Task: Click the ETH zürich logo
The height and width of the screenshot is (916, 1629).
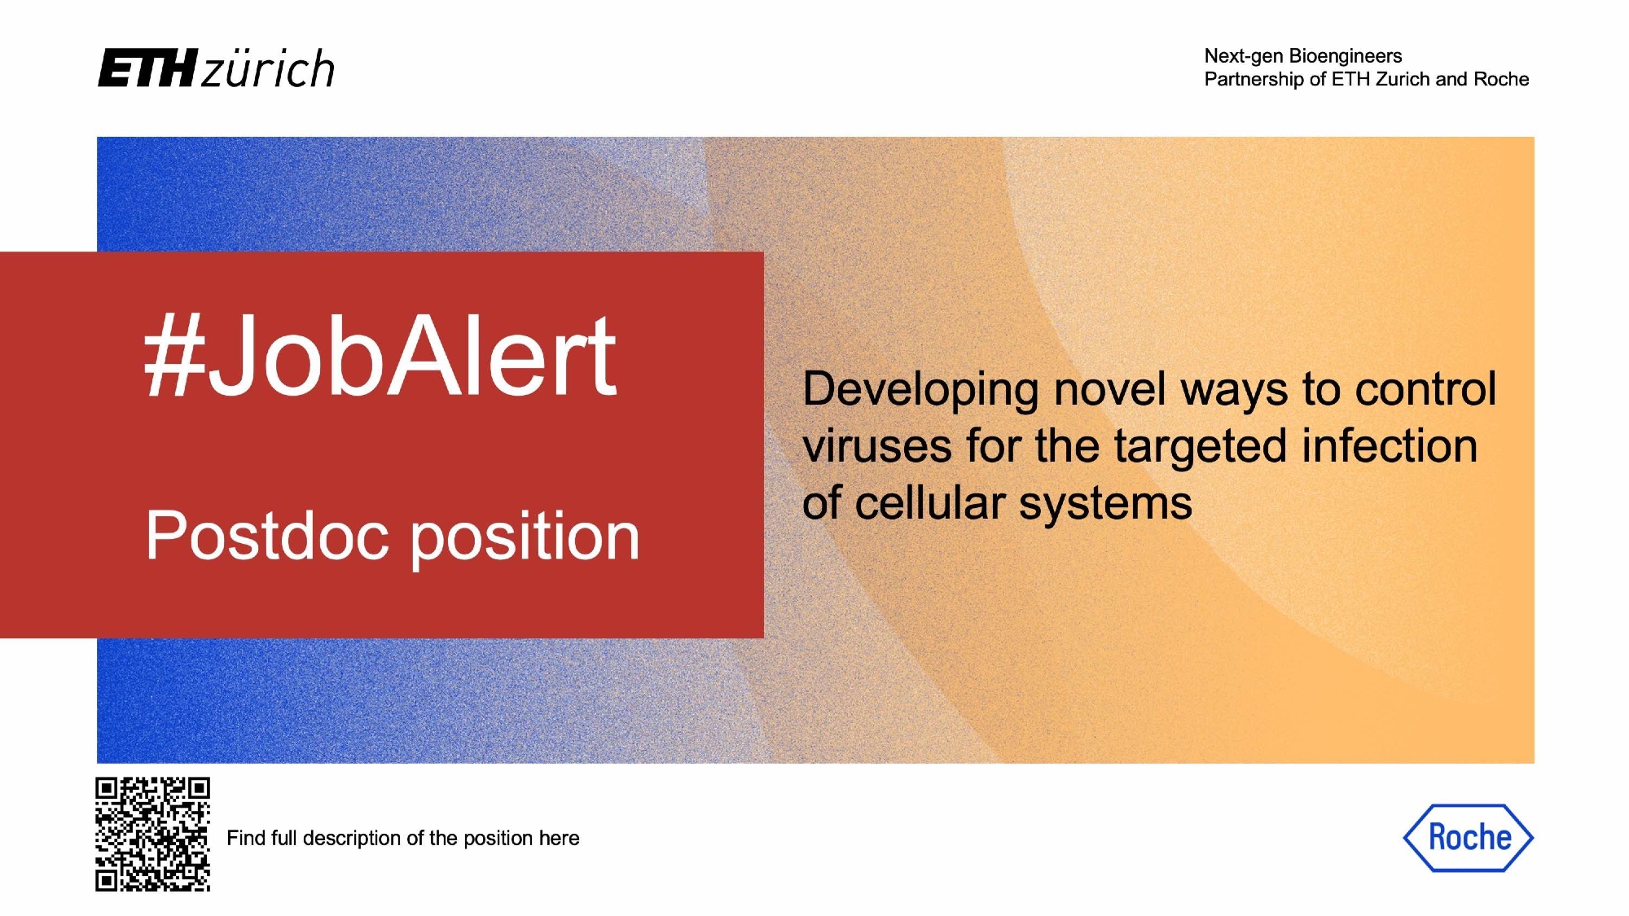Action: click(x=216, y=68)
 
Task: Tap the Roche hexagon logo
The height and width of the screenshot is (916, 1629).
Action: click(x=1468, y=838)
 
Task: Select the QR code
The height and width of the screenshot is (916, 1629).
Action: click(x=152, y=835)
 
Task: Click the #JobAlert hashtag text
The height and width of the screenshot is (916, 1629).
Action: click(x=380, y=356)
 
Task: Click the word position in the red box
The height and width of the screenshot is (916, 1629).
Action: click(x=525, y=537)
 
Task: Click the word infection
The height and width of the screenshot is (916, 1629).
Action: click(x=1390, y=446)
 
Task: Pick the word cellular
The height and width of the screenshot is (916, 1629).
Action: click(x=930, y=502)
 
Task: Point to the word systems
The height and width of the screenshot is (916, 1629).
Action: click(x=1105, y=505)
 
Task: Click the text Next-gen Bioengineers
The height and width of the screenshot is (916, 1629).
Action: click(x=1303, y=56)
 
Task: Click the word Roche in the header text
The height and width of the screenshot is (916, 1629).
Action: click(x=1501, y=79)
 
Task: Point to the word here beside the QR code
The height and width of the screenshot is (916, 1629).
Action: click(x=559, y=838)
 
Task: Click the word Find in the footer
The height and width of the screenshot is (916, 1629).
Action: click(x=246, y=838)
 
